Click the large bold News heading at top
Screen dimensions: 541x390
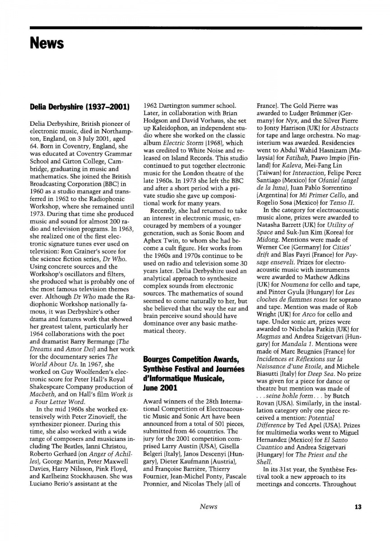tap(47, 44)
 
